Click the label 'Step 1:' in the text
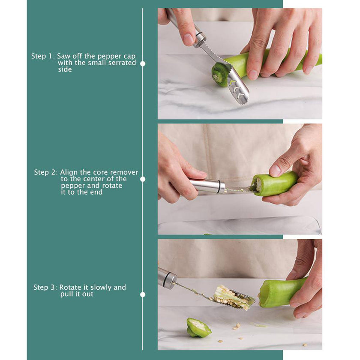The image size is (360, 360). tap(43, 56)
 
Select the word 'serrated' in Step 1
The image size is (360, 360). tap(121, 63)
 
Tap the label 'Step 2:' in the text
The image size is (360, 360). tap(46, 172)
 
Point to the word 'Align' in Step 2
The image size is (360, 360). tap(69, 172)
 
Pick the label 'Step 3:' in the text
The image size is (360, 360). tap(45, 288)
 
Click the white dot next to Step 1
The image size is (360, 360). tap(143, 63)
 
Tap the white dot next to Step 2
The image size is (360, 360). tap(143, 179)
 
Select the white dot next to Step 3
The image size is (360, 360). tap(143, 294)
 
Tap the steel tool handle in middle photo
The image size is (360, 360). tap(207, 186)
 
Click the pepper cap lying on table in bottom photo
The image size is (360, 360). tap(198, 328)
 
